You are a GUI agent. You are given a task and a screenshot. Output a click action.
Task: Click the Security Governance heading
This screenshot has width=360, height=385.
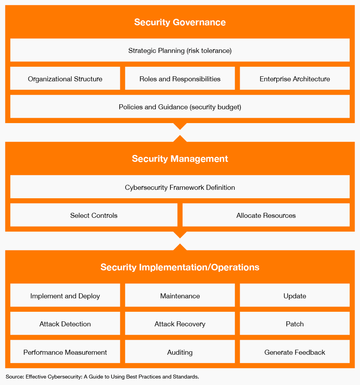180,22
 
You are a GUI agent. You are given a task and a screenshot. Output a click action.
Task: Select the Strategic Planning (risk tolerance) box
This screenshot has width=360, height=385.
180,50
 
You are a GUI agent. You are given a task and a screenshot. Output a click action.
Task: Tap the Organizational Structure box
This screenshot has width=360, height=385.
65,78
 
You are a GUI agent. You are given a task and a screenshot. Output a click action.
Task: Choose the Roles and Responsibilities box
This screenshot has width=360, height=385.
180,78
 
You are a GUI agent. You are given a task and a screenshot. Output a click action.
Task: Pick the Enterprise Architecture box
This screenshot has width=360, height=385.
295,78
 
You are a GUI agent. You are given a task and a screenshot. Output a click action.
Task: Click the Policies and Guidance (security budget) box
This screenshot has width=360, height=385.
180,107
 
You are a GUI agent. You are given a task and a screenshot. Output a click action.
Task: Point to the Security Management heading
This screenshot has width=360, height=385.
180,159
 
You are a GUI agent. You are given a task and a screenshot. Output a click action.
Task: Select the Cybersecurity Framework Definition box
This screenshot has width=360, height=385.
180,187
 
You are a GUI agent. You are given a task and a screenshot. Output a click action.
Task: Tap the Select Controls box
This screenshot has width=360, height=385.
94,215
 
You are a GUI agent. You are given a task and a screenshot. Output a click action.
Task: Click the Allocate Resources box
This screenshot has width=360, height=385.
266,215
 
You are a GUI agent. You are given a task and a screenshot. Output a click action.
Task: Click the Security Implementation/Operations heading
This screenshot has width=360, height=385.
180,267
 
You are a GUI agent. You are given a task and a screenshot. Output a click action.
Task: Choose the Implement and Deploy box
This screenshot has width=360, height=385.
65,295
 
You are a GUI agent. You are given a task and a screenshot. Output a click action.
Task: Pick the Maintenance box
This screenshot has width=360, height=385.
180,295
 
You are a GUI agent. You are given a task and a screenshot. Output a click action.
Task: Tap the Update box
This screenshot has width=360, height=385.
295,295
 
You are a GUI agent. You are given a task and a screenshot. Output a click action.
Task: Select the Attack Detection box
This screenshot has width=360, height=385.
65,324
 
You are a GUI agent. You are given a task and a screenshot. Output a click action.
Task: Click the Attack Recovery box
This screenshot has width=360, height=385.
180,324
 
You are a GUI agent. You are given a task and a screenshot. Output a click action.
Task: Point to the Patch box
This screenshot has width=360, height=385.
295,324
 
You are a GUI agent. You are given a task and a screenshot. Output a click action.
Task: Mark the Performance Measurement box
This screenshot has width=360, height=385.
65,352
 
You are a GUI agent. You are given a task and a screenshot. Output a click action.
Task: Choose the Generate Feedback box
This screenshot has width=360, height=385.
295,352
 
